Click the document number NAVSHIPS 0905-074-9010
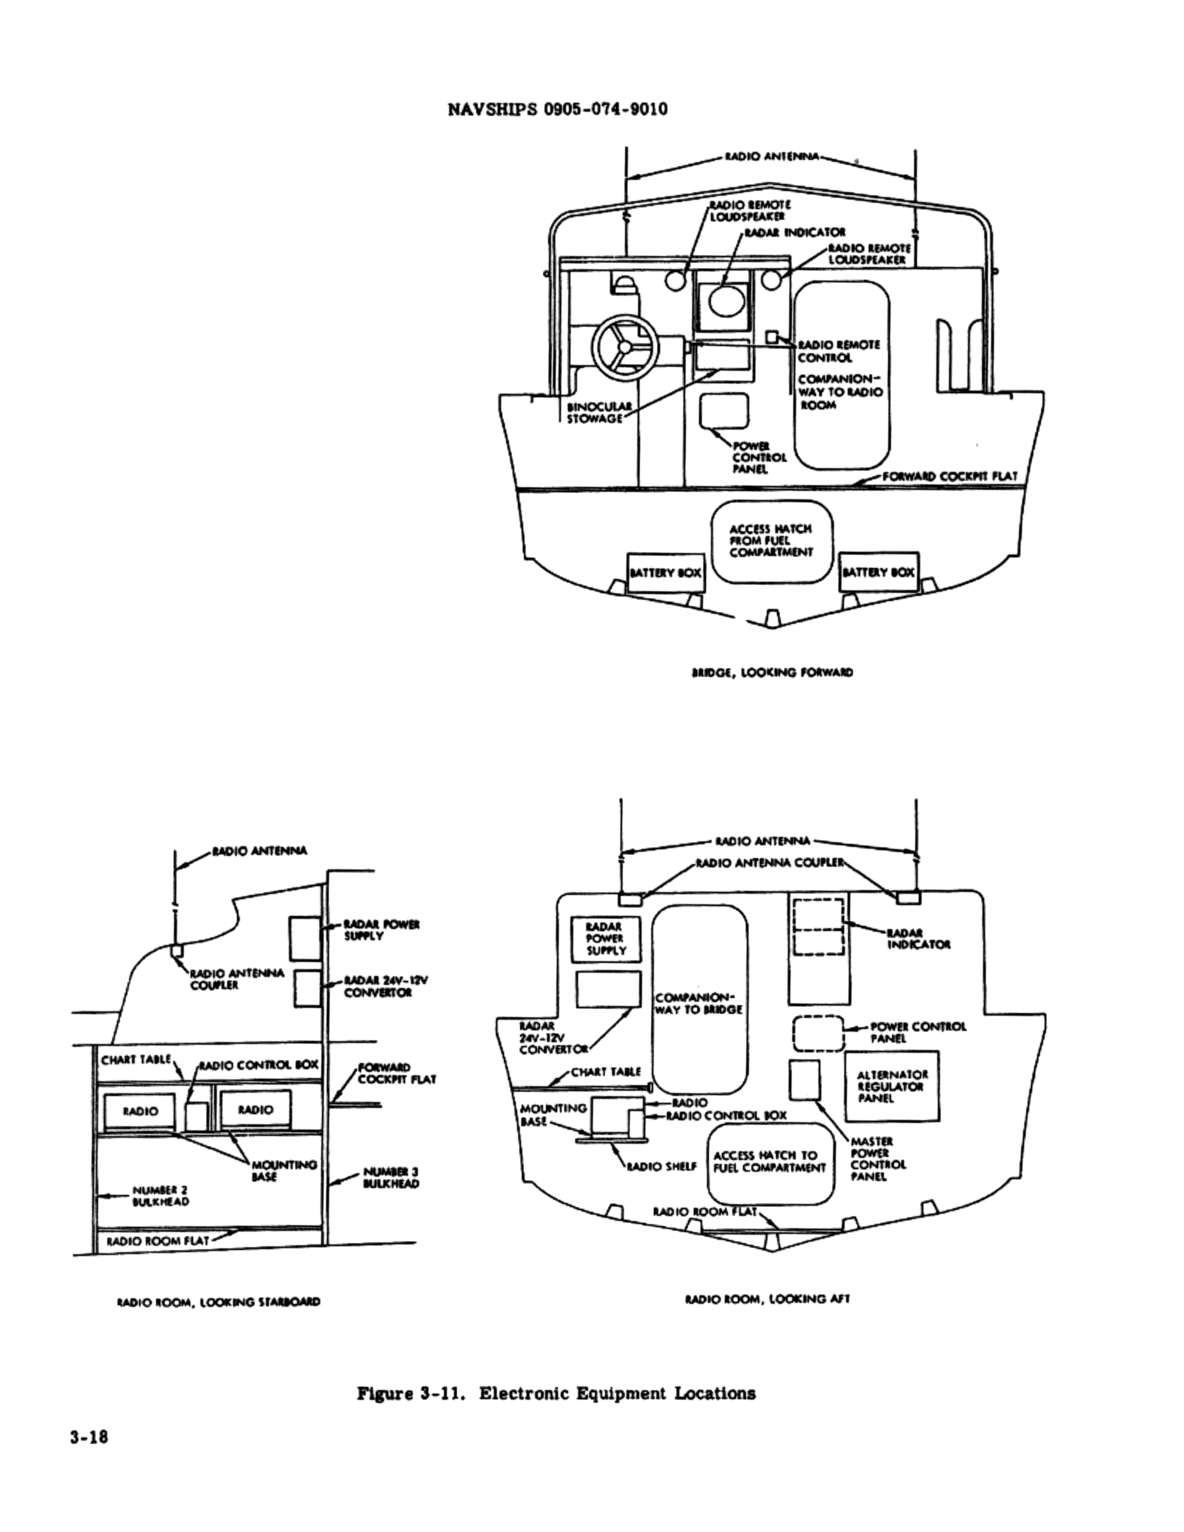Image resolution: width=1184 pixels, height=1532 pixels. (558, 110)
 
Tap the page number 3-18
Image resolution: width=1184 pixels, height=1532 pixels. (89, 1437)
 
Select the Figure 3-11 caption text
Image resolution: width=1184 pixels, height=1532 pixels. (556, 1393)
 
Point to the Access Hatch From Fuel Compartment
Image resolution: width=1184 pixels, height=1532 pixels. (771, 541)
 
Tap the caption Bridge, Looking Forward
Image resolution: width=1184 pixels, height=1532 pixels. (772, 673)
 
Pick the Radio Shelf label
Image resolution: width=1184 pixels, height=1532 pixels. (662, 1167)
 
